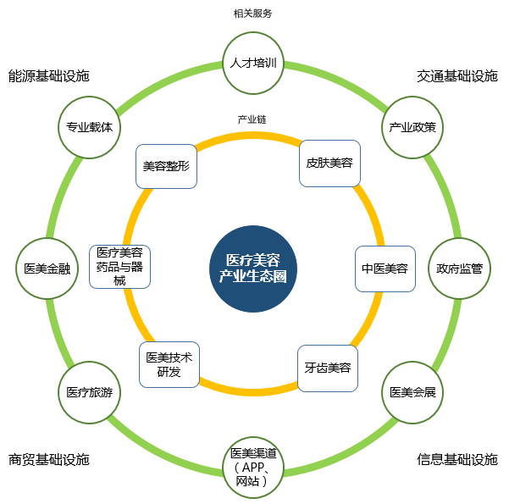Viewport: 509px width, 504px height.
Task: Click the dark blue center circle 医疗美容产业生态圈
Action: coord(253,269)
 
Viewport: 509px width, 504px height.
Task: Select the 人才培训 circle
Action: coord(253,63)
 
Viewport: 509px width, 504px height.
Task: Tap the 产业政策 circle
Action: coord(412,127)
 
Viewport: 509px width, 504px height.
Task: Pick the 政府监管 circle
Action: coord(459,269)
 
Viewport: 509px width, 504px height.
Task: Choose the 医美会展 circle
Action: coord(412,392)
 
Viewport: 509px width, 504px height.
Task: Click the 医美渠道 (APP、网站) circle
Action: coord(253,468)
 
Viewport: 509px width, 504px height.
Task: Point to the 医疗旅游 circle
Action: coord(89,392)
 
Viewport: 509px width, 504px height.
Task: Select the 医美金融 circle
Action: coord(47,269)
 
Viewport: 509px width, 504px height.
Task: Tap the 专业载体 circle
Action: coord(89,127)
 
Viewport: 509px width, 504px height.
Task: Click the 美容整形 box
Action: coord(166,166)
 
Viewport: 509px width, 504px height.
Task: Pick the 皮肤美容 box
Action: coord(329,163)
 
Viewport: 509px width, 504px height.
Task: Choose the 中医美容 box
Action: coord(385,269)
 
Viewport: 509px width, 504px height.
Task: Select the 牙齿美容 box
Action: coord(328,368)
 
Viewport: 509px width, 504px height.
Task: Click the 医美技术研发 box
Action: coord(169,364)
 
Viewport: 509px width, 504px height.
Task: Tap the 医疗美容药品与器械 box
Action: coord(119,267)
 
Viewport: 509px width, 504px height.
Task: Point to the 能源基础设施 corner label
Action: coord(48,76)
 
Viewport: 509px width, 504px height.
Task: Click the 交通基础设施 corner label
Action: coord(457,76)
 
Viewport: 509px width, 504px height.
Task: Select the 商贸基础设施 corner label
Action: coord(48,460)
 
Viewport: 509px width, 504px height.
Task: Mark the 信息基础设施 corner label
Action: coord(457,460)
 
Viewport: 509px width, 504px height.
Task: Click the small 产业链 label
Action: coord(252,119)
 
